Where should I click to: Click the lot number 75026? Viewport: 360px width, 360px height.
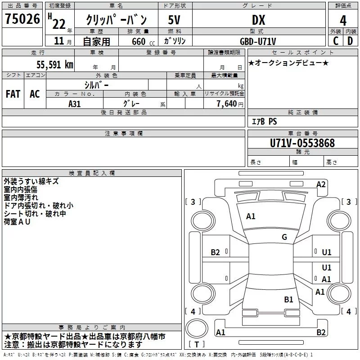[22, 19]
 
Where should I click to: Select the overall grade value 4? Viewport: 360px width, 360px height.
[343, 20]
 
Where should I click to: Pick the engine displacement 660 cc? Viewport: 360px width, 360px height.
[135, 41]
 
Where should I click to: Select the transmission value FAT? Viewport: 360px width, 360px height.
[13, 94]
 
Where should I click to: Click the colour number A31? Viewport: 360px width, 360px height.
[74, 103]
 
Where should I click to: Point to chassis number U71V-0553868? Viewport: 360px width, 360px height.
[302, 143]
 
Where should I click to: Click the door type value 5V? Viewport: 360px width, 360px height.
[174, 20]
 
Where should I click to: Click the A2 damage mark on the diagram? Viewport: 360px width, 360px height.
[321, 184]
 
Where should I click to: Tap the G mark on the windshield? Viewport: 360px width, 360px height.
[284, 237]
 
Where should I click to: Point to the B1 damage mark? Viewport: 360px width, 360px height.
[288, 299]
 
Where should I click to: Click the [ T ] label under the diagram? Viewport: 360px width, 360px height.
[196, 345]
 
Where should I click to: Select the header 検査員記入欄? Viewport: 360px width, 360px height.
[92, 173]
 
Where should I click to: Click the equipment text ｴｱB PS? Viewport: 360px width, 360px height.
[264, 121]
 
